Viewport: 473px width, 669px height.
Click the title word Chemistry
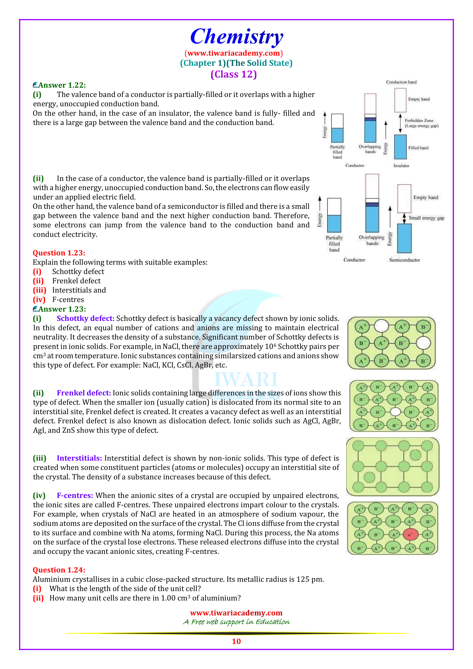(237, 37)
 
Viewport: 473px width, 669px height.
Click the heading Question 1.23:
(59, 253)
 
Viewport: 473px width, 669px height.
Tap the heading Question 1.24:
(59, 570)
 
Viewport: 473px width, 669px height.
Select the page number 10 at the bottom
(236, 641)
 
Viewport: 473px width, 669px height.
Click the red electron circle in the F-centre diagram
(410, 534)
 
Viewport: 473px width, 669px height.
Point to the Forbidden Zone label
(419, 120)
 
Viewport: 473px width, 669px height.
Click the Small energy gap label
(426, 218)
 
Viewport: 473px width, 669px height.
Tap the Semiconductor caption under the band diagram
(405, 260)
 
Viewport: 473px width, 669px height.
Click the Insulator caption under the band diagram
(401, 166)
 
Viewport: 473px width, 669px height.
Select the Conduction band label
(401, 82)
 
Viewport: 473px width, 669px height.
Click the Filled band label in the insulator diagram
(418, 148)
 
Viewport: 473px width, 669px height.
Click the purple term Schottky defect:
(86, 318)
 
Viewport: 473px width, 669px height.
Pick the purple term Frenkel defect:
(84, 393)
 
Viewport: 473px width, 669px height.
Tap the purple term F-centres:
(75, 496)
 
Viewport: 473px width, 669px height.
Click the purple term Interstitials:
(79, 458)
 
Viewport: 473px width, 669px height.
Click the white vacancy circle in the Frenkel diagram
(395, 412)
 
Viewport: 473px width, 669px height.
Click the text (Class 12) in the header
(234, 74)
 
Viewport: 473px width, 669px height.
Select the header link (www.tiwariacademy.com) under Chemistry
(234, 53)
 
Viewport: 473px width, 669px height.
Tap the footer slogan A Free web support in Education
(236, 622)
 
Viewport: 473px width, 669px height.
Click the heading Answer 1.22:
(60, 85)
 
